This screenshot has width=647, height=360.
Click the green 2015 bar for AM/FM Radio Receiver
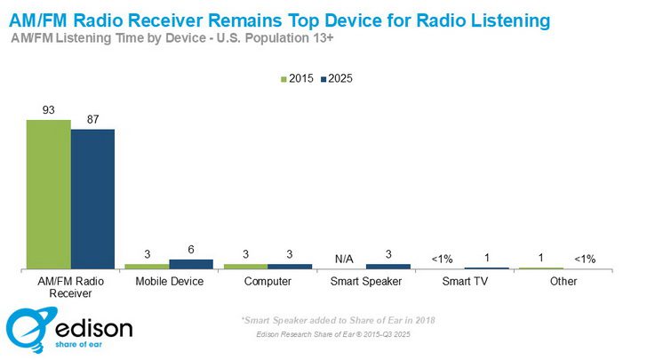tap(49, 194)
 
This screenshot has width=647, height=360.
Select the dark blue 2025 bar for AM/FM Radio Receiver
tap(92, 198)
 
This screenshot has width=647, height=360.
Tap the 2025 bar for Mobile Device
tap(191, 264)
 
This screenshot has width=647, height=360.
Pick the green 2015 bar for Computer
tap(245, 266)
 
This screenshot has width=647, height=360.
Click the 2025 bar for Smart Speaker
tap(388, 266)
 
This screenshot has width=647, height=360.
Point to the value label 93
tap(48, 110)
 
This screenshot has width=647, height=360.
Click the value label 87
tap(92, 120)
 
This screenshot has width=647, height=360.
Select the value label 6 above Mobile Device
tap(191, 251)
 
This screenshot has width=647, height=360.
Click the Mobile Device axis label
tap(169, 282)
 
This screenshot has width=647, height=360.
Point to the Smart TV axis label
tap(465, 282)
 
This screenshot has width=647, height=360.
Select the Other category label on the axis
tap(563, 282)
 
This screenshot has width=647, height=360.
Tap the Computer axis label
tap(268, 282)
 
